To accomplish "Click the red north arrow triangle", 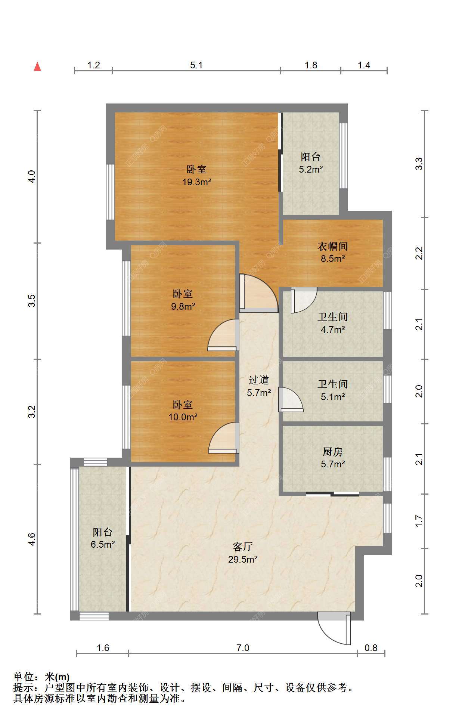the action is coord(37,66).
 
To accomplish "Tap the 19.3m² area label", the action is coord(197,182).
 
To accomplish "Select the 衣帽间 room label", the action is coord(333,246).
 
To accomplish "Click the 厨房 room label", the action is coord(333,452).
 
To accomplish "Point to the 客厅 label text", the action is coord(243,547).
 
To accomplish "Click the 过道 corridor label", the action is coord(259,380).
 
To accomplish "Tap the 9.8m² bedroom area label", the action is coord(183,307).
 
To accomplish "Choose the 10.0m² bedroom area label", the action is coord(183,417).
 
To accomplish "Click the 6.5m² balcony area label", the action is coord(103,545).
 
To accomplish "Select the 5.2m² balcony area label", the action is coord(311,170).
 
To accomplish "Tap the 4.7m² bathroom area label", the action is coord(333,330).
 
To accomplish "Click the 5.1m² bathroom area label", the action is coord(333,397).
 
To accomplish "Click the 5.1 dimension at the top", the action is coord(196,65).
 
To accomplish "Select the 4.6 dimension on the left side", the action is coord(32,539).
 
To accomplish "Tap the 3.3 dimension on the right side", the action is coord(419,164).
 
